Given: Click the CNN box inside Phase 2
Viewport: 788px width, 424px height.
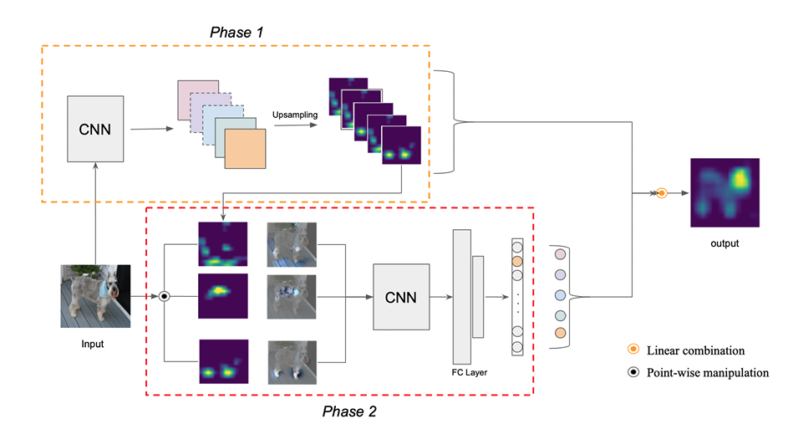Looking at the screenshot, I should pos(401,296).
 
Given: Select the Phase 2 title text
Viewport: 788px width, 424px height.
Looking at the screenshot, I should pos(349,411).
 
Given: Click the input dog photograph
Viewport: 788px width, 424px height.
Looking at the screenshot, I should pos(95,296).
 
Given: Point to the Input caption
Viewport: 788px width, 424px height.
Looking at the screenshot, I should pos(94,342).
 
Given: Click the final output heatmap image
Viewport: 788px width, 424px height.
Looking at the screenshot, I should pos(724,192).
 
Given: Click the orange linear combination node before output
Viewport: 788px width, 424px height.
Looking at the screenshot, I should pos(662,193).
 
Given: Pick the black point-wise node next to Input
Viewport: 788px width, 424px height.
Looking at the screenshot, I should pos(165,296).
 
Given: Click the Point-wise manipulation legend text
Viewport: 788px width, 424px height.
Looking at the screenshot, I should pos(710,373).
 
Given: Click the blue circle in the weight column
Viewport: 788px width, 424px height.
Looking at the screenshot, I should pos(560,295).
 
